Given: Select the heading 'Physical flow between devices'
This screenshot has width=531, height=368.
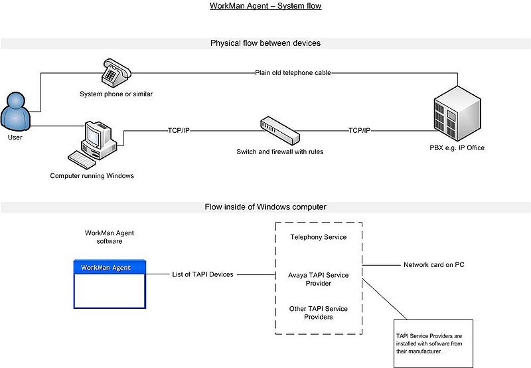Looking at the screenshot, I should pos(265,43).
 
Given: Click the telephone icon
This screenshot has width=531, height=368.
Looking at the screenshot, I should pos(116,71).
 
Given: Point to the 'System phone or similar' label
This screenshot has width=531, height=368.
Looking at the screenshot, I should pos(116,94).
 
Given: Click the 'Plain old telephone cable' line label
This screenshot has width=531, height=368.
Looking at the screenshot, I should pos(293,72).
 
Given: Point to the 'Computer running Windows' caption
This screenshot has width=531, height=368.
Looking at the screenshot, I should pos(92,176).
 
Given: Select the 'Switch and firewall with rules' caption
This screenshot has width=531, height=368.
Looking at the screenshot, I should pos(280,152).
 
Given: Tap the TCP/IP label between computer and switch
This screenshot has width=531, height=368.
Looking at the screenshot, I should pos(179,130).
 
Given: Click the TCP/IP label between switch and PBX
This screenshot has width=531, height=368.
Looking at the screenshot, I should pos(360,130).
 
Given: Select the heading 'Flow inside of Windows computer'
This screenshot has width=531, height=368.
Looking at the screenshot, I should pos(265,207).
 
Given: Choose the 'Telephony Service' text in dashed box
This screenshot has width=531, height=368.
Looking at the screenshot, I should pos(318,237).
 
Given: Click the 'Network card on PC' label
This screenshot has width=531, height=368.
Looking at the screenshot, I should pos(433,265).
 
